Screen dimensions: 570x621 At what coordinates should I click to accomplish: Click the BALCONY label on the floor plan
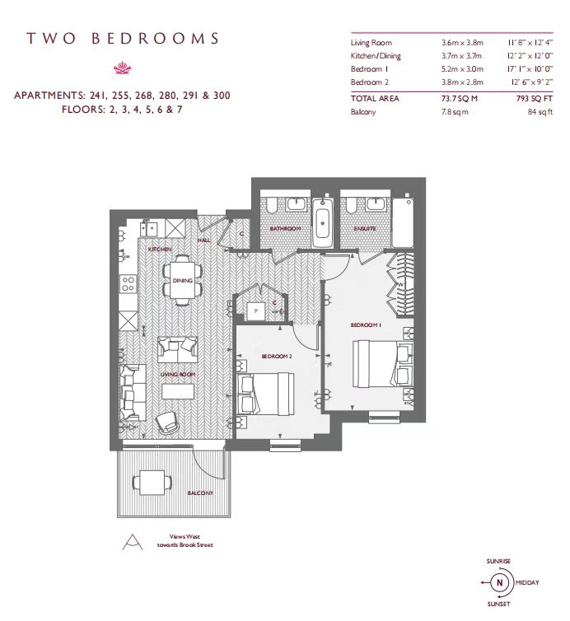(x=200, y=493)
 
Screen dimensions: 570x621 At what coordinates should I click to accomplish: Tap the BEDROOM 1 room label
(x=366, y=325)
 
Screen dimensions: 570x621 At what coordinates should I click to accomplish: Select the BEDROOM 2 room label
(x=277, y=356)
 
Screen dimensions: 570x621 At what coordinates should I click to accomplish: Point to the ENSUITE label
(x=365, y=228)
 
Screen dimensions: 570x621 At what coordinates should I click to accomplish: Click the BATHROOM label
(x=285, y=228)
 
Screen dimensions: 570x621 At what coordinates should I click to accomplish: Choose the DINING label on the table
(x=183, y=280)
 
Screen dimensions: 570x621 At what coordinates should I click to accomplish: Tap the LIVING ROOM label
(x=177, y=374)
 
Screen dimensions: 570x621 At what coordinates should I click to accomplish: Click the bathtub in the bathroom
(x=323, y=223)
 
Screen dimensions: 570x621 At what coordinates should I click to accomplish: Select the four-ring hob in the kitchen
(x=128, y=284)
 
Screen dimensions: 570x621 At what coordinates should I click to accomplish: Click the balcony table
(x=152, y=483)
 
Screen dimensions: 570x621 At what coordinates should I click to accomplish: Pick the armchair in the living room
(x=168, y=423)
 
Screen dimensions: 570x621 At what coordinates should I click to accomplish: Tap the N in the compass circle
(x=499, y=582)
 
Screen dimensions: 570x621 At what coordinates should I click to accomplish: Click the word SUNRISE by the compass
(x=498, y=561)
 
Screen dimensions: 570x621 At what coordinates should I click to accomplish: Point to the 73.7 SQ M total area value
(x=460, y=99)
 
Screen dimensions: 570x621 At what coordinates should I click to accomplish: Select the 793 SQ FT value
(x=535, y=99)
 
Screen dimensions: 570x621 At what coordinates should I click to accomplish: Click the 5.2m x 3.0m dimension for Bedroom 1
(x=462, y=69)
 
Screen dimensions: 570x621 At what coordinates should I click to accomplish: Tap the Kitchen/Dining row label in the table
(x=376, y=56)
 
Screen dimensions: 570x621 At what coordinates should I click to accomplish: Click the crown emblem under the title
(x=123, y=68)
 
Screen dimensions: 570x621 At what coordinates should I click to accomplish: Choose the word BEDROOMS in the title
(x=155, y=39)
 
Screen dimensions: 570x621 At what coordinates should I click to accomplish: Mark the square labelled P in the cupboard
(x=255, y=310)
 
